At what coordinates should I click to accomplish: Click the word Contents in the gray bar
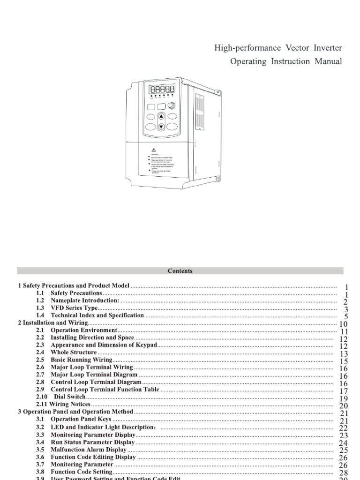point(180,271)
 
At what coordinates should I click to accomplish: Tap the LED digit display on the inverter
point(160,90)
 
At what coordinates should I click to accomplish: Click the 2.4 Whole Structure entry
point(73,352)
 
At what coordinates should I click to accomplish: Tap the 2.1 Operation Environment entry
point(83,330)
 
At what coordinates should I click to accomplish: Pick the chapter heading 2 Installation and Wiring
point(53,323)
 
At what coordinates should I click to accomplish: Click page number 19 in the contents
point(343,399)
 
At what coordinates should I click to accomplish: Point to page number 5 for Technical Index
point(345,317)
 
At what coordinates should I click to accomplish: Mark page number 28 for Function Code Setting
point(343,473)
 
